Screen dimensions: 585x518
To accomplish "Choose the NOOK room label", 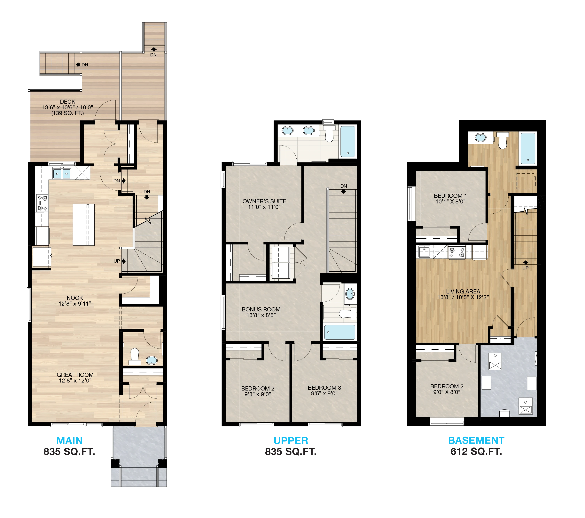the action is tap(75, 298).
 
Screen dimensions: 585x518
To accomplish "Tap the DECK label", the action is tap(67, 102).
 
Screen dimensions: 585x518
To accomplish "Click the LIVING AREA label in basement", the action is tap(463, 291).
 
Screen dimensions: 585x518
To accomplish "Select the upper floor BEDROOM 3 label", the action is tap(324, 388).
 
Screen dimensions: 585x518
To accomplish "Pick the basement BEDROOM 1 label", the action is tap(450, 196).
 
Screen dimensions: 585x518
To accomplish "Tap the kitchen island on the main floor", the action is tap(84, 225).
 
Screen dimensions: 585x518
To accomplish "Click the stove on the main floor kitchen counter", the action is tap(42, 203).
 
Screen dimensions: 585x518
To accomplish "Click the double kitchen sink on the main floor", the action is tap(62, 174).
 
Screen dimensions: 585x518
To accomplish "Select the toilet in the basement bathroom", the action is tap(502, 140).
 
